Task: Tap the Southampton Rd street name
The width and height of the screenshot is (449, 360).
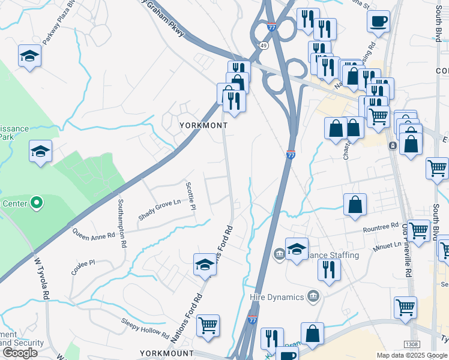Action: pyautogui.click(x=122, y=224)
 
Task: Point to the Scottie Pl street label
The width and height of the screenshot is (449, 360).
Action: pyautogui.click(x=191, y=196)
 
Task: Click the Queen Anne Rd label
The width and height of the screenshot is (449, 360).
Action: pyautogui.click(x=93, y=232)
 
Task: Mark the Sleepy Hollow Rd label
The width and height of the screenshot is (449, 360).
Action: pyautogui.click(x=145, y=328)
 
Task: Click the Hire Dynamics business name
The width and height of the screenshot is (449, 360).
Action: pyautogui.click(x=277, y=296)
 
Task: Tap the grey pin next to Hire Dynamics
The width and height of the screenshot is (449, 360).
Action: pyautogui.click(x=313, y=296)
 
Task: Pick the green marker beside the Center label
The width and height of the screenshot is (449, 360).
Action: pyautogui.click(x=37, y=203)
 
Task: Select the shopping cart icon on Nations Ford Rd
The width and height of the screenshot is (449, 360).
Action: pyautogui.click(x=208, y=325)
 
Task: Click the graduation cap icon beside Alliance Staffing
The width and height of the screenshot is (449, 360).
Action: pyautogui.click(x=297, y=248)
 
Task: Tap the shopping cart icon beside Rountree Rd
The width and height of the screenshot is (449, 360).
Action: pyautogui.click(x=417, y=230)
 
